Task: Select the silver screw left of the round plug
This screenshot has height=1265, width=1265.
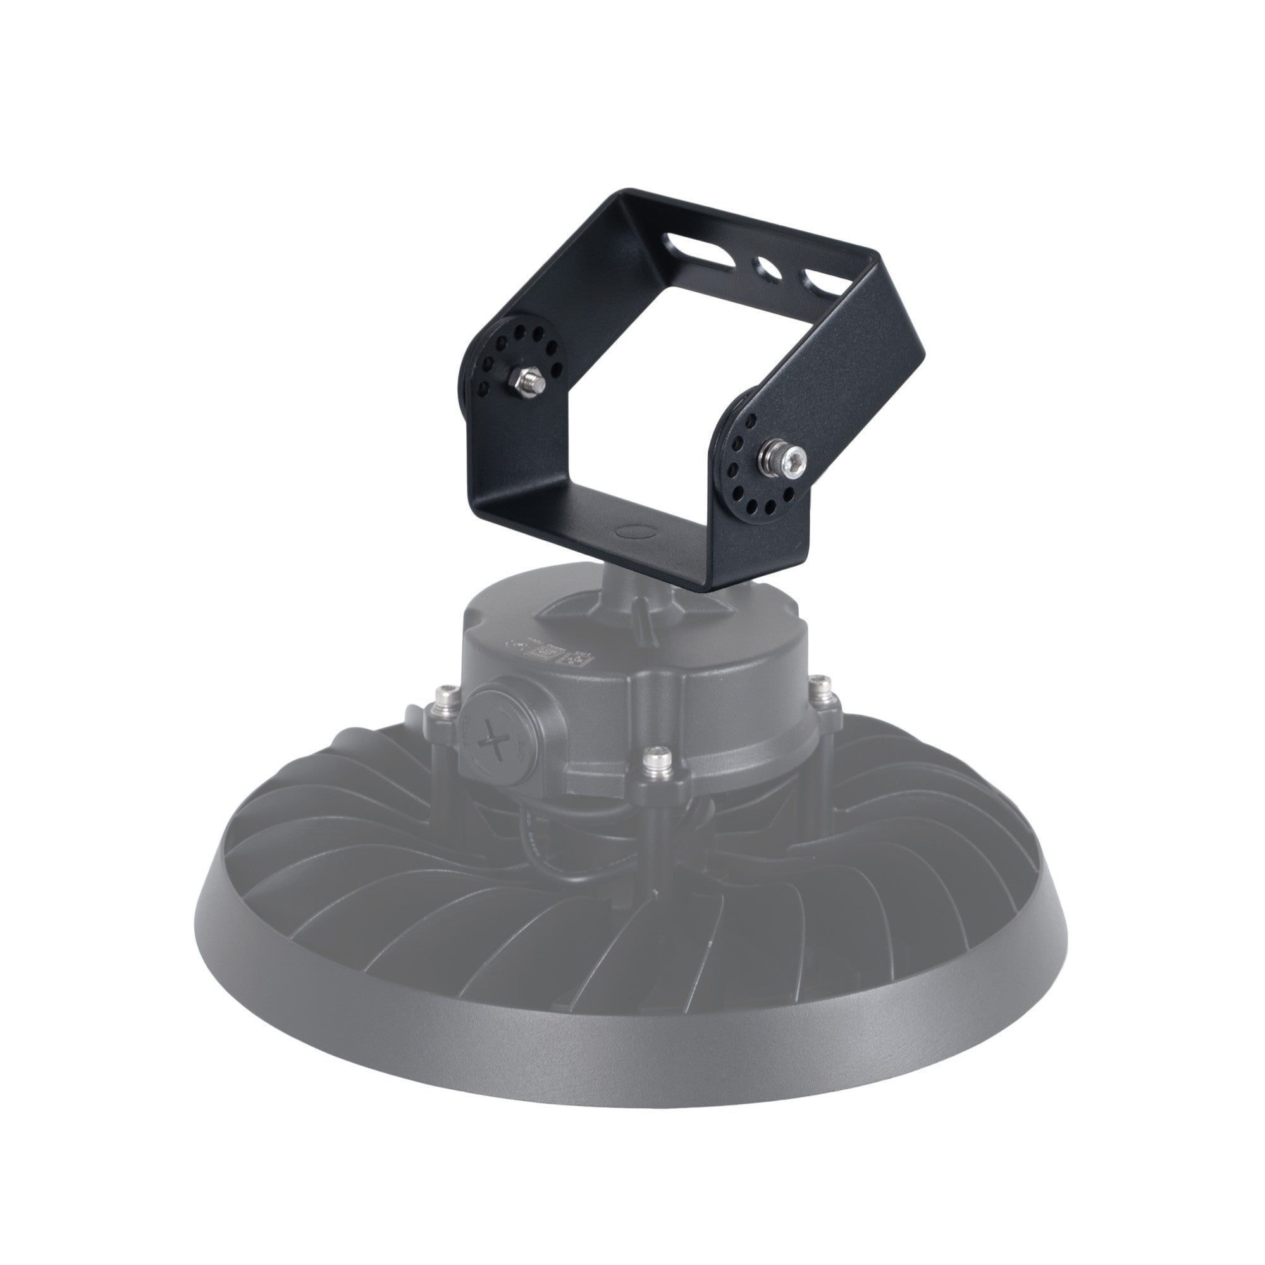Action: (448, 693)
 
